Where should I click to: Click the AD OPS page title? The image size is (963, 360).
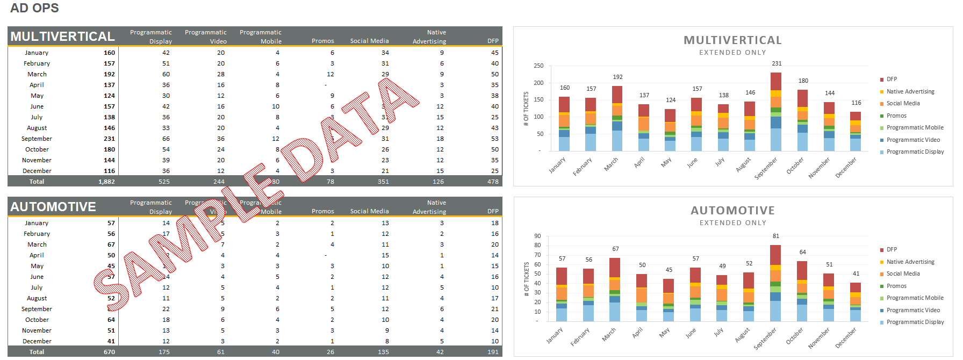point(34,8)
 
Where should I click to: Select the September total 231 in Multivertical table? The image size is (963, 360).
point(109,139)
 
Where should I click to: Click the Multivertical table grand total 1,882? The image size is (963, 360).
point(106,182)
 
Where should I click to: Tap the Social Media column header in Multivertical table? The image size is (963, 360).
point(369,41)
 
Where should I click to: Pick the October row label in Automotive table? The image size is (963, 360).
point(37,320)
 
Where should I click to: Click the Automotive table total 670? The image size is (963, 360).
point(109,352)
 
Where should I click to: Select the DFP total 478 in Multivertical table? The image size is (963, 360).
point(493,182)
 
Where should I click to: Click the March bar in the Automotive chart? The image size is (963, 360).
point(615,290)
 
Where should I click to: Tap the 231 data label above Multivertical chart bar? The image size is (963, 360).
point(777,63)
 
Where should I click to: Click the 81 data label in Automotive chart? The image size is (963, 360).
point(775,236)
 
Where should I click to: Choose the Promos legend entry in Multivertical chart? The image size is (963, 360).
point(896,116)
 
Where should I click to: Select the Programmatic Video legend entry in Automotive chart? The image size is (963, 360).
point(913,310)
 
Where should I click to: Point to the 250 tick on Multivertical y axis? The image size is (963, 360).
point(538,66)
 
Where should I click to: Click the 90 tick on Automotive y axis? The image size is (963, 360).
point(537,236)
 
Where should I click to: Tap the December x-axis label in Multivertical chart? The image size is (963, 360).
point(846,168)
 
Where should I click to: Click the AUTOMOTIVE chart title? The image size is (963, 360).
point(732,211)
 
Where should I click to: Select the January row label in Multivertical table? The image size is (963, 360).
point(37,53)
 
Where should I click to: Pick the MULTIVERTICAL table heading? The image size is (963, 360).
point(62,37)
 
